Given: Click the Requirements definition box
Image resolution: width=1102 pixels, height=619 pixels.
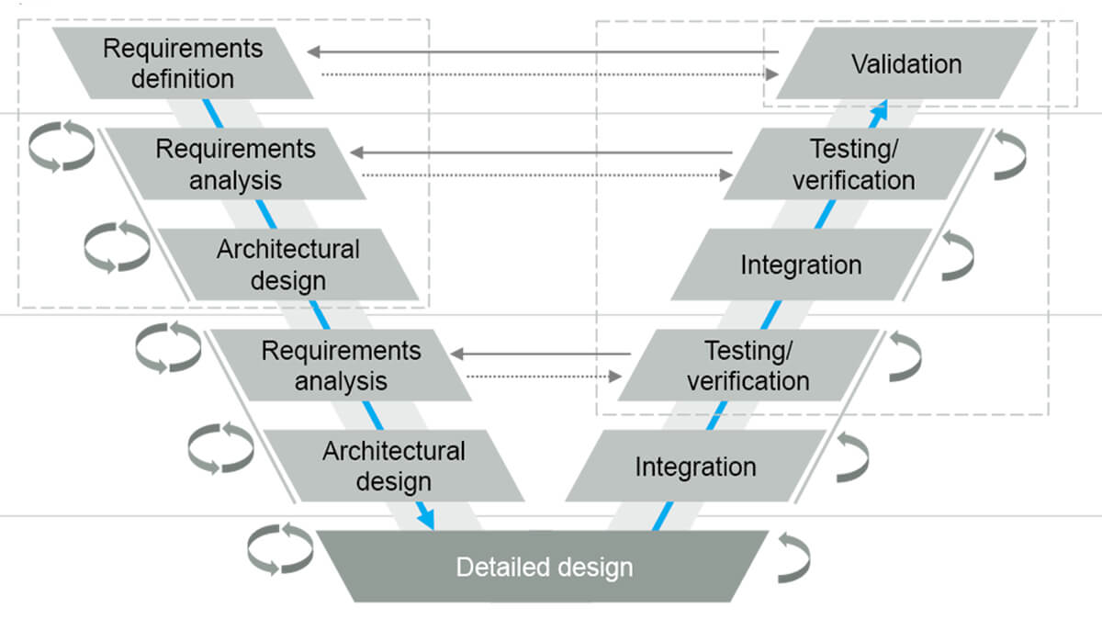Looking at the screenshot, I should coord(183,62).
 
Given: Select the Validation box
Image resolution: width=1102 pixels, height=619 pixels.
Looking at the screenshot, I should coord(906,63).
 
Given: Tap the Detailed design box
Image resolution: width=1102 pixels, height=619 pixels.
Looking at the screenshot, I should coord(545,567).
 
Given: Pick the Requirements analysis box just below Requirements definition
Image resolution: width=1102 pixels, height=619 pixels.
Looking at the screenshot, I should coord(235,163).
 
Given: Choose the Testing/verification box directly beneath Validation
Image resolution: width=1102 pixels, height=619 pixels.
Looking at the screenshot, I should coord(853,163).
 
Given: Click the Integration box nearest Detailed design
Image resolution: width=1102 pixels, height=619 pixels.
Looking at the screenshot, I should coord(695,467).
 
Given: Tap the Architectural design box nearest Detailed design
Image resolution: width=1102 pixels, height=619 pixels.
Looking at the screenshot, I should coord(393,467).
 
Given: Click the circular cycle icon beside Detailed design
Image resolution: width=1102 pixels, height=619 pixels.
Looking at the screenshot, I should coord(279,549).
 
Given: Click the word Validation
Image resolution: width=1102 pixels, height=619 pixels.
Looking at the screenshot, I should coord(906,64).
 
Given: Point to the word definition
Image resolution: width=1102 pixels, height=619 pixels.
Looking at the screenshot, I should coord(183,78).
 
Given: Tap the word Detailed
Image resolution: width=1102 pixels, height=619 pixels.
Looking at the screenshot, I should coord(496,567).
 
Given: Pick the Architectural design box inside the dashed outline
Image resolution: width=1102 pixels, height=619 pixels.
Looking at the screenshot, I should coord(287,264).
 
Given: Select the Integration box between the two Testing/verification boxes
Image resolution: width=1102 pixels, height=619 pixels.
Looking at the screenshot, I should coord(801,265).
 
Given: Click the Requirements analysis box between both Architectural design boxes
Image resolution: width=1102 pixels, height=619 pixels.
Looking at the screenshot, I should coord(341,365).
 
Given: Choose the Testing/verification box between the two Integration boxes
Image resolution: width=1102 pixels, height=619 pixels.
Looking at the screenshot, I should coord(748,366).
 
